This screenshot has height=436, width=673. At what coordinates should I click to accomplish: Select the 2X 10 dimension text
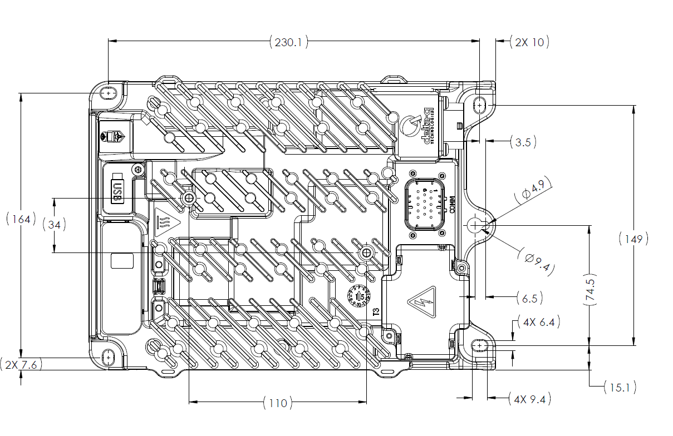pyautogui.click(x=529, y=42)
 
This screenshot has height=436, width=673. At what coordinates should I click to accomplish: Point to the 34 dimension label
pyautogui.click(x=55, y=225)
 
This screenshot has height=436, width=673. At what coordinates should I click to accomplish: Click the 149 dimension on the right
pyautogui.click(x=633, y=239)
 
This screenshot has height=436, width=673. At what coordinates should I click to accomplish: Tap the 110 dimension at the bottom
pyautogui.click(x=277, y=403)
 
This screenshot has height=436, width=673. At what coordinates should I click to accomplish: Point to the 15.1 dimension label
pyautogui.click(x=620, y=387)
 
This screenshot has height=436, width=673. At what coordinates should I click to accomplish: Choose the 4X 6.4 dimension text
pyautogui.click(x=538, y=322)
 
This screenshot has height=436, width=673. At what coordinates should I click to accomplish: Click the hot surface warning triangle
pyautogui.click(x=165, y=221)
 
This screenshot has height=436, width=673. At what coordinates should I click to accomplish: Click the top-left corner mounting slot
pyautogui.click(x=108, y=93)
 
